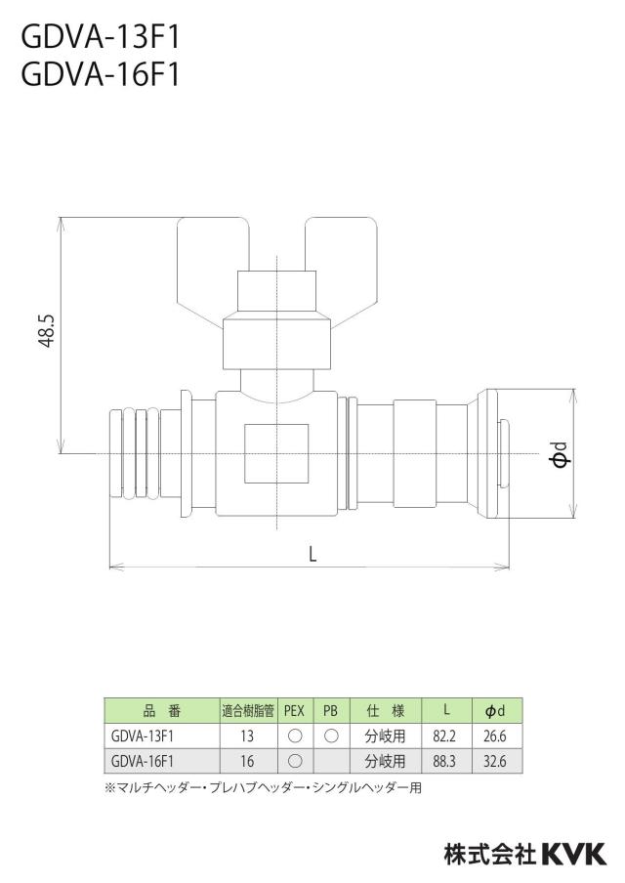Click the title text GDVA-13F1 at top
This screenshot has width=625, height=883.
(101, 38)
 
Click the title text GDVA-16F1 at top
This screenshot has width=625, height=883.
(101, 74)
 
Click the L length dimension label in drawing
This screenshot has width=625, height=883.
(313, 554)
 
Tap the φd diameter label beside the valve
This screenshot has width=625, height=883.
(561, 454)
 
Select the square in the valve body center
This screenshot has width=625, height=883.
(276, 453)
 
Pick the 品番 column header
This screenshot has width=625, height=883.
(162, 711)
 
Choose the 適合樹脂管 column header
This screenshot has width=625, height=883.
(248, 711)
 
